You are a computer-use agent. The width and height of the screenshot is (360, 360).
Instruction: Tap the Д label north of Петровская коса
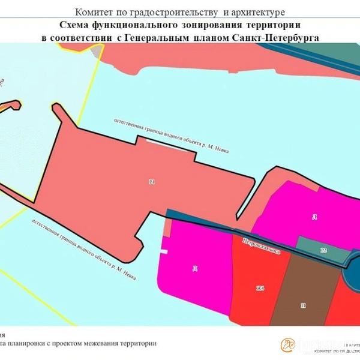click(x=313, y=217)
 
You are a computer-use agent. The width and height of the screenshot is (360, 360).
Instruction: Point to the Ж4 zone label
click(x=260, y=289)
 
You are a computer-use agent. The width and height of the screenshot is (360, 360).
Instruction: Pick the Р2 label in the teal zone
click(x=323, y=250)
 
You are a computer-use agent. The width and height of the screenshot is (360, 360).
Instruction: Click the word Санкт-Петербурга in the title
click(x=283, y=37)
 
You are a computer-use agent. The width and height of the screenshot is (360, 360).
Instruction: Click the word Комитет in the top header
click(x=93, y=12)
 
